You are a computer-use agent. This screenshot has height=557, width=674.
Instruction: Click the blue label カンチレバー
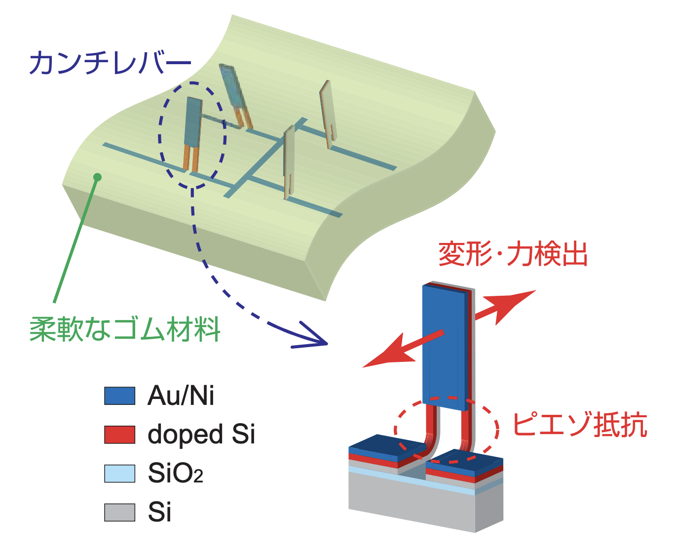[110, 63]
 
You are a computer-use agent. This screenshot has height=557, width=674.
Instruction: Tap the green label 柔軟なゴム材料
[125, 329]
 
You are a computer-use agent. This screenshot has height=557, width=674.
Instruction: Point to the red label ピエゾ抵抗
[579, 425]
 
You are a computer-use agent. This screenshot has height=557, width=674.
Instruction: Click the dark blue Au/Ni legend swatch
[119, 396]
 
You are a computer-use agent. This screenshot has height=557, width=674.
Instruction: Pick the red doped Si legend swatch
[119, 435]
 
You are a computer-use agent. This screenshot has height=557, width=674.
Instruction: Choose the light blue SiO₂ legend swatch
[119, 473]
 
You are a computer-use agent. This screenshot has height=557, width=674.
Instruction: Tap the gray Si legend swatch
[119, 512]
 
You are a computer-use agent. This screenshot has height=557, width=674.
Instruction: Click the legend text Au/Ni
[181, 396]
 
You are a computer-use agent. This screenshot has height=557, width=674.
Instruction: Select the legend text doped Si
[201, 435]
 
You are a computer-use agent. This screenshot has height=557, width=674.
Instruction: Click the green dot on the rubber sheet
[97, 177]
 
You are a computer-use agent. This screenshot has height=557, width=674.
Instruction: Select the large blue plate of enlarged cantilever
[444, 346]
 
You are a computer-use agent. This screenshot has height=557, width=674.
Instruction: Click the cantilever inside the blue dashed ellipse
[192, 131]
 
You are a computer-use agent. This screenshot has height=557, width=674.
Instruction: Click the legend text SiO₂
[175, 474]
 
